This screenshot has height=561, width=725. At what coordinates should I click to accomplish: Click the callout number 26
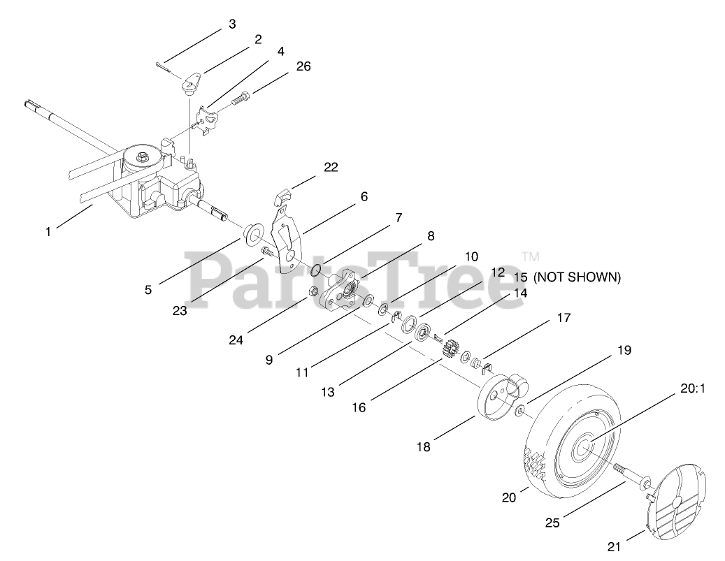[x=303, y=66]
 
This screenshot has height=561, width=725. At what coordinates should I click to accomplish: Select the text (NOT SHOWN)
[x=577, y=277]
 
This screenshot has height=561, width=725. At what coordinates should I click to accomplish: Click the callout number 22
[x=330, y=168]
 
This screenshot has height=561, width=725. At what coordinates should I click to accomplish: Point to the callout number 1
[x=48, y=232]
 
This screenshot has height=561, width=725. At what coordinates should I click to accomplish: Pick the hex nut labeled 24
[x=315, y=291]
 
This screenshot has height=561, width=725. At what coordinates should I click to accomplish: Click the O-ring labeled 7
[x=315, y=270]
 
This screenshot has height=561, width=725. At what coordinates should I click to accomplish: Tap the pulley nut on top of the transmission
[x=143, y=155]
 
